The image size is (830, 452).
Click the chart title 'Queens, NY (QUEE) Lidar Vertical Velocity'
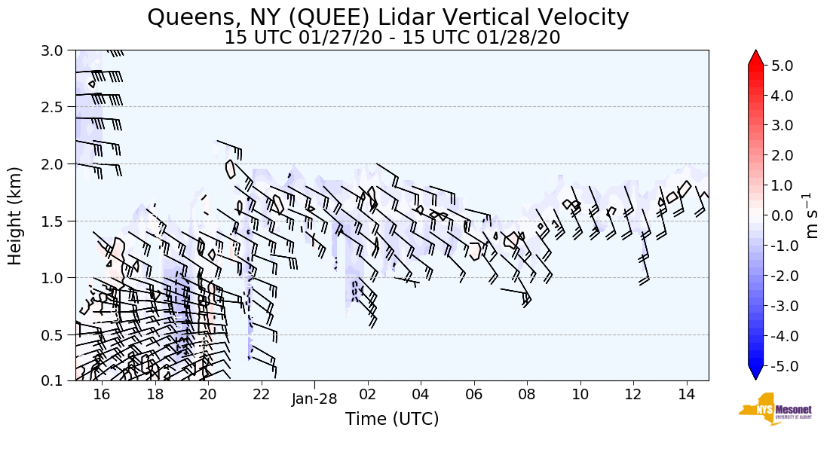click(388, 17)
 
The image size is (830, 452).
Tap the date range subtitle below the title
click(392, 38)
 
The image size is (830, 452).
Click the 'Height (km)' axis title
click(15, 215)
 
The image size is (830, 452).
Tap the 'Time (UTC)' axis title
click(392, 419)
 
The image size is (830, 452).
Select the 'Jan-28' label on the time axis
click(314, 399)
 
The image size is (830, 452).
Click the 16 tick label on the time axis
click(102, 394)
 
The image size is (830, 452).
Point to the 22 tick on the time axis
click(261, 394)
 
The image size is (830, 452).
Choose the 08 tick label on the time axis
click(527, 394)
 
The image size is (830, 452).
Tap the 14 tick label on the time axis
click(686, 394)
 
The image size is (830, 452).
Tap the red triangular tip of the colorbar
click(756, 58)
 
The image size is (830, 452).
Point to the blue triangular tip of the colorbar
click(756, 373)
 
